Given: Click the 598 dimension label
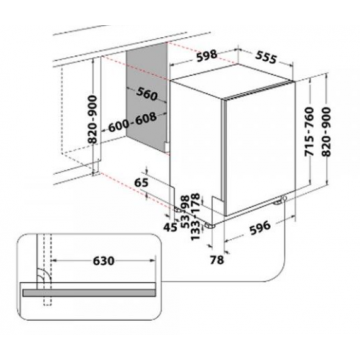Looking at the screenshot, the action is tap(207, 56).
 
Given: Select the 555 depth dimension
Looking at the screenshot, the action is tap(266, 57).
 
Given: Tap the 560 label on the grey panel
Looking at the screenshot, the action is tap(146, 94).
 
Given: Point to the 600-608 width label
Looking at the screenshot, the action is tap(132, 122).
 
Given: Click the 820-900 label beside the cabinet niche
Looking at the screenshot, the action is tap(93, 119).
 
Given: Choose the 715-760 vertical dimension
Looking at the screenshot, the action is tap(309, 131).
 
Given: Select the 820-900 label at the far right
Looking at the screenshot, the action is tap(326, 131).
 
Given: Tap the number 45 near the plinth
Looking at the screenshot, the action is tap(170, 227).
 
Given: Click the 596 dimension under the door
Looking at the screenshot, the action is tap(260, 227).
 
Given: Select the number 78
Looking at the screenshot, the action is tap(217, 260).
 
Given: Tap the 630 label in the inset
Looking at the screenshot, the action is tap(104, 261).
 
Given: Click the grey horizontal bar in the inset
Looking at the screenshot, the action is tap(89, 293).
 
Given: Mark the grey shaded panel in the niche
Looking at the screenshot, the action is tap(147, 98).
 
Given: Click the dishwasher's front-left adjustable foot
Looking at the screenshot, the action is tap(210, 225).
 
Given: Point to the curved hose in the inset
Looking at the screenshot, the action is tap(43, 275).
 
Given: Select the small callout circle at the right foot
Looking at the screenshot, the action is tap(284, 199).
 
